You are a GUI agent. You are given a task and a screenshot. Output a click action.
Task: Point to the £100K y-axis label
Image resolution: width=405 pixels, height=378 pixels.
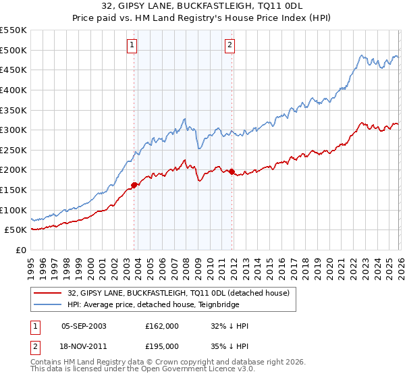coord(13,210)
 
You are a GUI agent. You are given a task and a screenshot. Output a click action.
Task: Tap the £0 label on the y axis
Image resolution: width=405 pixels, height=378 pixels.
coord(21,250)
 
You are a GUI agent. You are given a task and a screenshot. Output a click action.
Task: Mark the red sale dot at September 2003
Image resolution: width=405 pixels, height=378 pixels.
coord(134,185)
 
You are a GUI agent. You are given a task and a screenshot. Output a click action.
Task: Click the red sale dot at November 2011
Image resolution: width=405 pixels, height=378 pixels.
coord(232,171)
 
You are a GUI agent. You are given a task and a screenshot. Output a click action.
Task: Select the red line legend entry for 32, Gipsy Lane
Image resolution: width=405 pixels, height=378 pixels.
coord(178,292)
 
